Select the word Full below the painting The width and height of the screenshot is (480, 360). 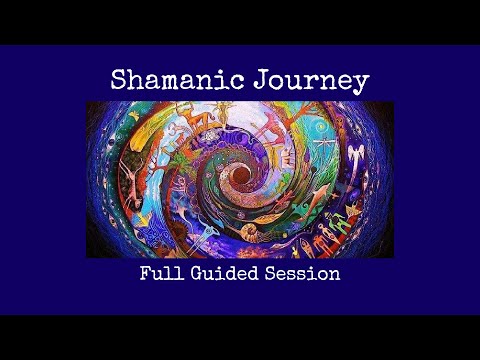click(162, 272)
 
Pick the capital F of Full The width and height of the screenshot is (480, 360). click(145, 272)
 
